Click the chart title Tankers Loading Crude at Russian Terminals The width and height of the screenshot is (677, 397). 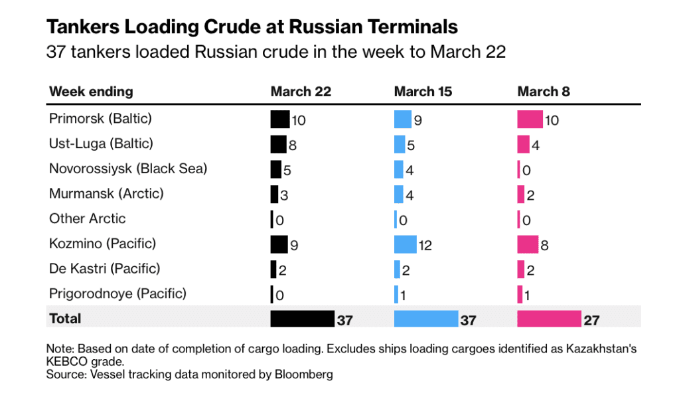252,27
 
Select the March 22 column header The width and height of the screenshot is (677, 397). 300,92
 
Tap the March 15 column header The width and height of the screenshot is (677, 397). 423,92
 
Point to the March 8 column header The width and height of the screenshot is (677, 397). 544,92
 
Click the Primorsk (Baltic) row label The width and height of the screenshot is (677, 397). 100,119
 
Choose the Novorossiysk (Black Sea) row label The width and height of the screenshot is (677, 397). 128,169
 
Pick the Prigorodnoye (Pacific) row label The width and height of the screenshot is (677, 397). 117,293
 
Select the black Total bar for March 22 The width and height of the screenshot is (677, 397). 302,319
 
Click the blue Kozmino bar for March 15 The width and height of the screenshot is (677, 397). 405,244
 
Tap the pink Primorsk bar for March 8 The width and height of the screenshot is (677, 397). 530,119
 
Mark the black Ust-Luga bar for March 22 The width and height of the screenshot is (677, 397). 278,144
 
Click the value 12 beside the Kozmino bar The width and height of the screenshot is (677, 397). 425,246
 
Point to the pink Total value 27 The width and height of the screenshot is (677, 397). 591,320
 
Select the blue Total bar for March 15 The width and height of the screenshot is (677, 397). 425,319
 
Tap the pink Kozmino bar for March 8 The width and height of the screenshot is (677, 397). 528,244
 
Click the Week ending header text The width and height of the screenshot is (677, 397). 91,92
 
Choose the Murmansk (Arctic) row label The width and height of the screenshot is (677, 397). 106,194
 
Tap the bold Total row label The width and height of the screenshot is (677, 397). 65,319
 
